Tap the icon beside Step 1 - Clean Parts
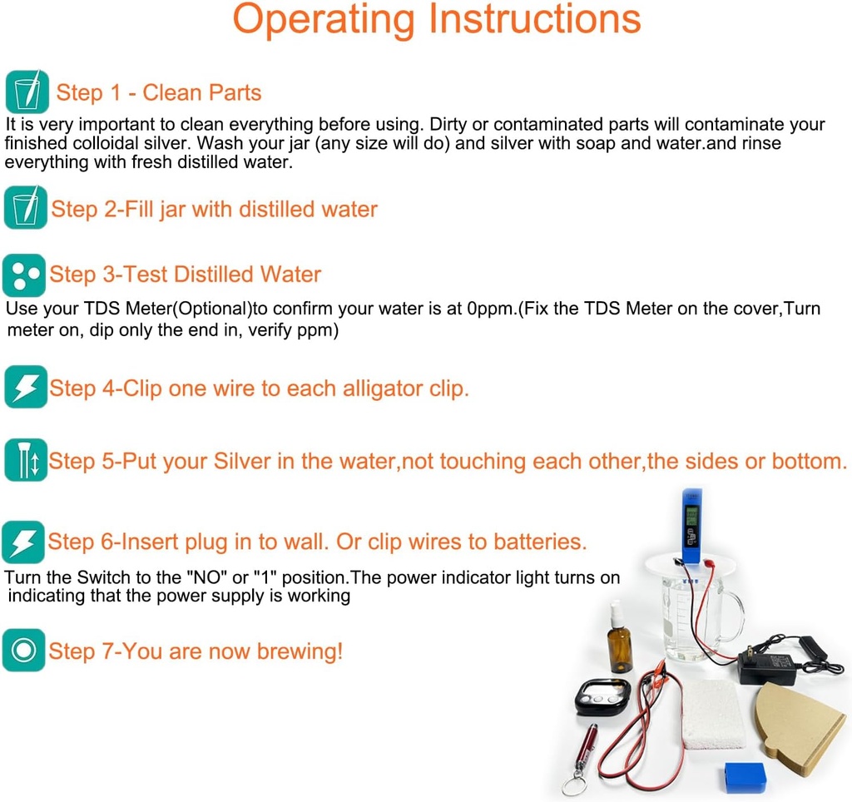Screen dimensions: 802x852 (26, 92)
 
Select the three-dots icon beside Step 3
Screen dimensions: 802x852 (23, 275)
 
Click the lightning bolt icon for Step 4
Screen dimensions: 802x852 (25, 387)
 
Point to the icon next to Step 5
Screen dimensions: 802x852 (25, 460)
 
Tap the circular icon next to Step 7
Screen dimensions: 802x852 (22, 650)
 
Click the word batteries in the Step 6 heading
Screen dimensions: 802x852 (539, 542)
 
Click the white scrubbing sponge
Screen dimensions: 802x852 (713, 714)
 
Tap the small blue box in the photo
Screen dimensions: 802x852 (745, 777)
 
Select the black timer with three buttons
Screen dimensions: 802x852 (602, 696)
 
